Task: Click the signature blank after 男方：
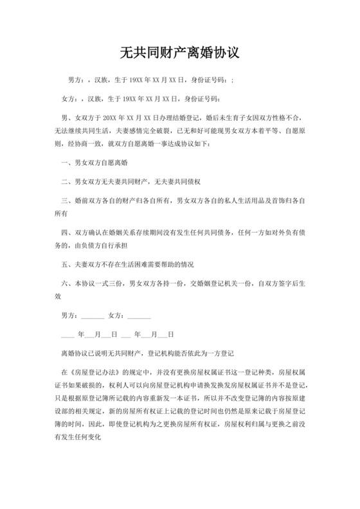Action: (93, 316)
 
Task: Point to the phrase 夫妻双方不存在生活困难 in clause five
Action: (112, 265)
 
